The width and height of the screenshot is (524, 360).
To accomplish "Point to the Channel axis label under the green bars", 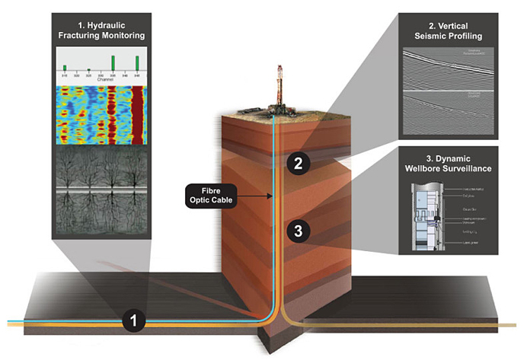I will click(102, 78).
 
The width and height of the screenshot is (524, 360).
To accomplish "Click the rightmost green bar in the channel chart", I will click(137, 62).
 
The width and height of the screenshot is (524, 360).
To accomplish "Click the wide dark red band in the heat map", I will click(138, 114).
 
